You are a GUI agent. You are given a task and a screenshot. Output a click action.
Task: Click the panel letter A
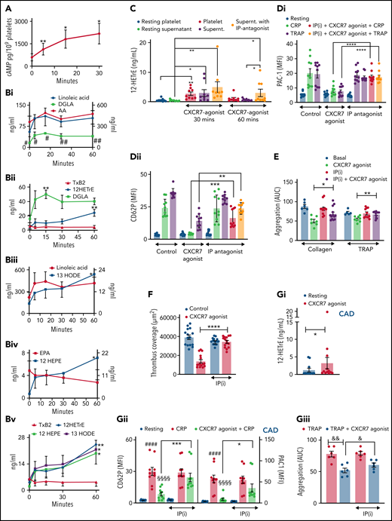(8, 7)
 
